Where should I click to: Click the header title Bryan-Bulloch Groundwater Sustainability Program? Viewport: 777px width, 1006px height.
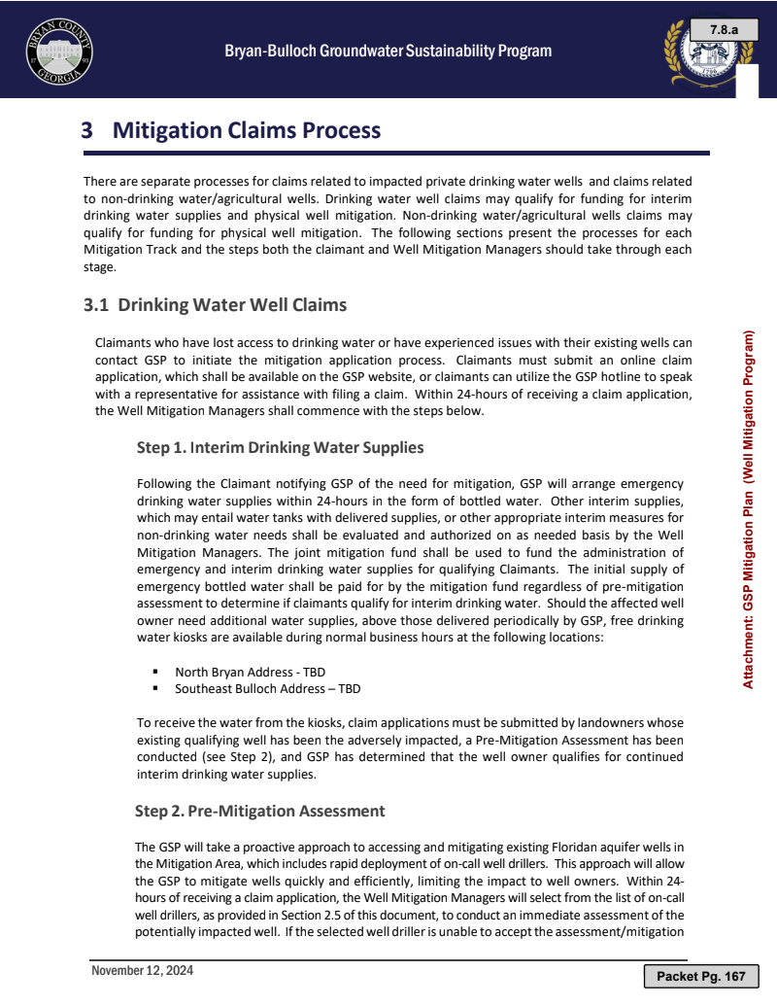click(388, 52)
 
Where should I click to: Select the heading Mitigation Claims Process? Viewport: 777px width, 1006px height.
click(247, 130)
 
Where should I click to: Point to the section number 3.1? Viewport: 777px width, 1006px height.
click(96, 305)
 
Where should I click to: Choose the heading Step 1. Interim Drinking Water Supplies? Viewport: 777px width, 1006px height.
click(281, 448)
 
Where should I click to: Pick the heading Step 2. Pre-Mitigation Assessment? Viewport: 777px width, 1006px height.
click(260, 811)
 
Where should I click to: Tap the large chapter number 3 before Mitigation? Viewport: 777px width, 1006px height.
click(87, 130)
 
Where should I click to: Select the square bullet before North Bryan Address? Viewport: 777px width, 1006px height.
click(155, 672)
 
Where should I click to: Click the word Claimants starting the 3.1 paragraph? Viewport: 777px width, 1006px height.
click(126, 342)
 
